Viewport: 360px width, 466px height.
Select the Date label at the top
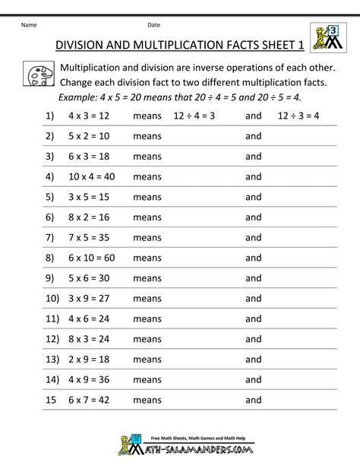[x=154, y=24]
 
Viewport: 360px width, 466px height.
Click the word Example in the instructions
[x=83, y=97]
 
